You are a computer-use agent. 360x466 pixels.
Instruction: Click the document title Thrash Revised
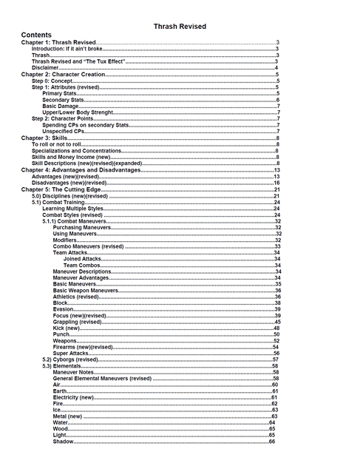[180, 26]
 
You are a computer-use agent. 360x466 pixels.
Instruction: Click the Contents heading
[36, 35]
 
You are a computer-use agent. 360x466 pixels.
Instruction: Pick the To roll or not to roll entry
[56, 144]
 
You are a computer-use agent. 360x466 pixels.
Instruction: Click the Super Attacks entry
[71, 354]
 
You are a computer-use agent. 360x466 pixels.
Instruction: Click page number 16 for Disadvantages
[276, 182]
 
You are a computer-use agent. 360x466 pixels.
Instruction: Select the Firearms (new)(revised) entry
[83, 347]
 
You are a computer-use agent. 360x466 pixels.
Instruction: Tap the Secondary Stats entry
[64, 100]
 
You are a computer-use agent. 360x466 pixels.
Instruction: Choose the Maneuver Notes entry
[72, 372]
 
